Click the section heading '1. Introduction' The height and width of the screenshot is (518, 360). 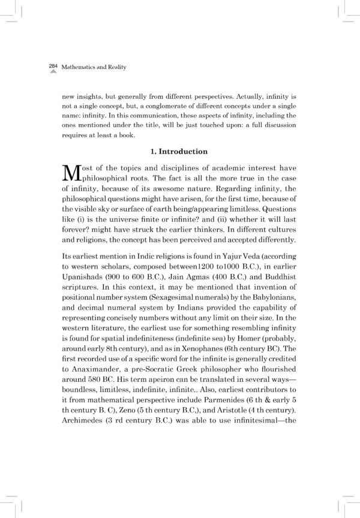pyautogui.click(x=179, y=152)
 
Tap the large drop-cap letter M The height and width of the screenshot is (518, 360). pyautogui.click(x=71, y=174)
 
